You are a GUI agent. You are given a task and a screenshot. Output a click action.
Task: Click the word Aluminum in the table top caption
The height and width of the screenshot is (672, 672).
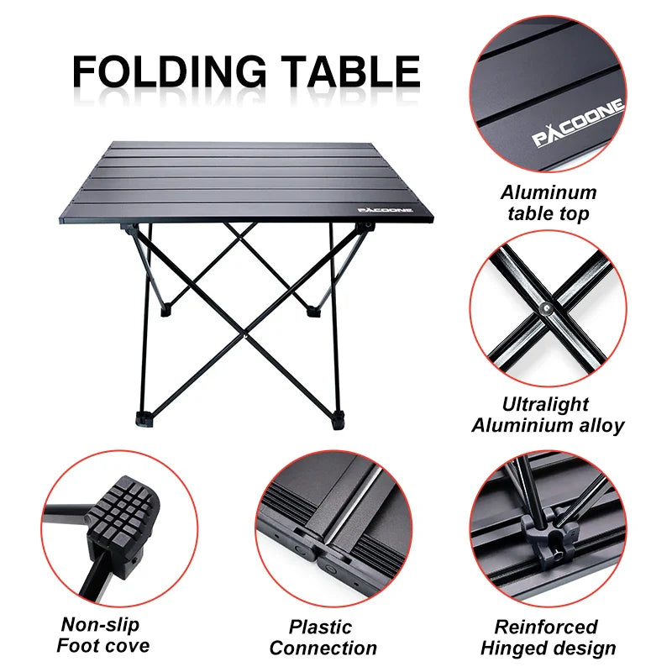(549, 192)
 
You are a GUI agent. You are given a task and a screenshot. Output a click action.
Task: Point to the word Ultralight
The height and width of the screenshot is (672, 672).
(546, 404)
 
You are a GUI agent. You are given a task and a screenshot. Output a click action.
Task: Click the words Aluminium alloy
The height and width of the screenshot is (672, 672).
(548, 425)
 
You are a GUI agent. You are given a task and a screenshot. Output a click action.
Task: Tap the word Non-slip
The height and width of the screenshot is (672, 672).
(100, 625)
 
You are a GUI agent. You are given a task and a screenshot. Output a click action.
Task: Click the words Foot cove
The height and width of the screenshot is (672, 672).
(102, 646)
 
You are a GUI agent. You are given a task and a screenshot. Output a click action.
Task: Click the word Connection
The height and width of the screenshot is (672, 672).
(323, 648)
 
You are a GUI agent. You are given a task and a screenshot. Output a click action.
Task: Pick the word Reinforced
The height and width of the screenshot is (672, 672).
(546, 627)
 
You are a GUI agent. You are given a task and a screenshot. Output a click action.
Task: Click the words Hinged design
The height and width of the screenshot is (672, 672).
(548, 648)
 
